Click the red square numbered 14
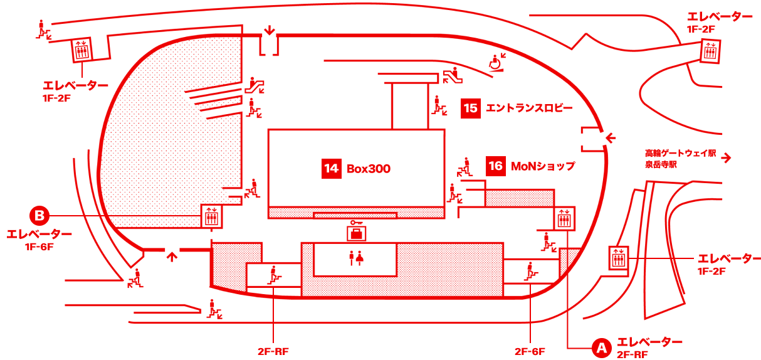tap(332, 169)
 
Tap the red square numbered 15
tap(470, 109)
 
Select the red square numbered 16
tap(495, 166)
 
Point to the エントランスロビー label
tap(528, 109)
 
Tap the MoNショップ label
tap(542, 166)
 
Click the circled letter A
tap(601, 347)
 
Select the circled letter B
tap(39, 216)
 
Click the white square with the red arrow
tap(726, 157)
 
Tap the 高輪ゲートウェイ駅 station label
tap(680, 153)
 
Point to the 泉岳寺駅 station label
tap(661, 165)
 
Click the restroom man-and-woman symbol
tap(355, 258)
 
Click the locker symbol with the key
tap(357, 231)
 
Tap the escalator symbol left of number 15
tap(438, 105)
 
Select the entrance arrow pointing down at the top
tap(270, 30)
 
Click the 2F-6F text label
tap(530, 351)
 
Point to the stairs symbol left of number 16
tap(464, 166)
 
